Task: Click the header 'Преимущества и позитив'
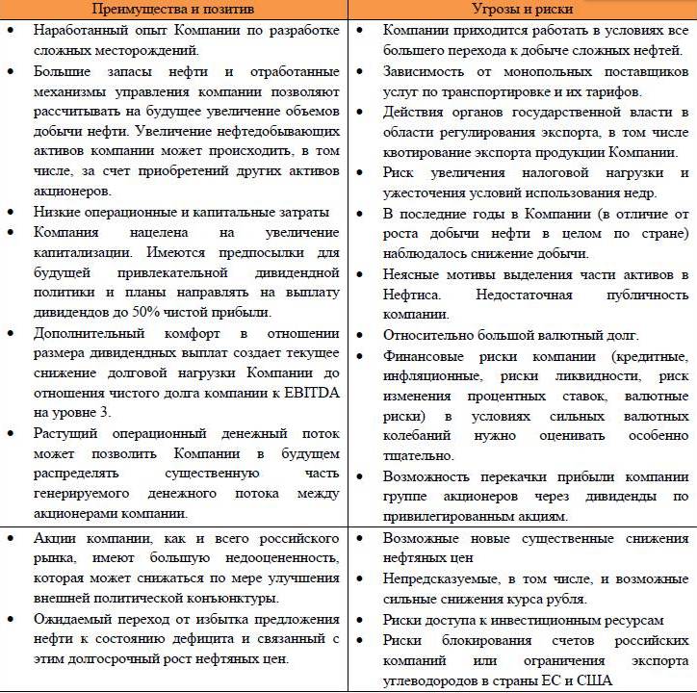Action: pos(174,9)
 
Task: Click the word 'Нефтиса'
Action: pos(414,294)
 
